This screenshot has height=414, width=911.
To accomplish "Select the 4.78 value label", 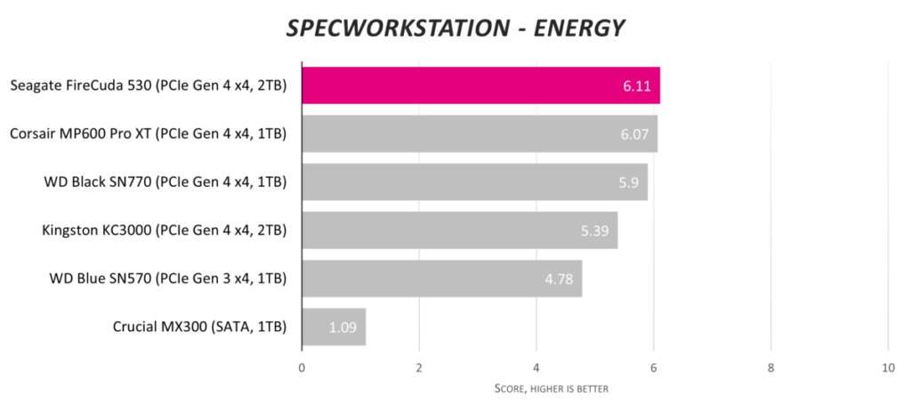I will [x=561, y=280].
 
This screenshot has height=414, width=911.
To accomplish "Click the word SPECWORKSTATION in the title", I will [x=396, y=28].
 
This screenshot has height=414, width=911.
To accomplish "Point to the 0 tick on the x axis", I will [x=302, y=368].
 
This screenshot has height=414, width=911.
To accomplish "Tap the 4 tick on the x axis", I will [x=536, y=368].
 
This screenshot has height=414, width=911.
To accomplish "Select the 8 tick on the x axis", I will [x=770, y=368].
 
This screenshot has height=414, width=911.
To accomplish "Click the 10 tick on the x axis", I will [x=887, y=368].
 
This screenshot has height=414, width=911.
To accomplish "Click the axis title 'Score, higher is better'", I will [x=551, y=389].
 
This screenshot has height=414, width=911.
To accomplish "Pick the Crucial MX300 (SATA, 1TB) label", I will [x=199, y=327].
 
